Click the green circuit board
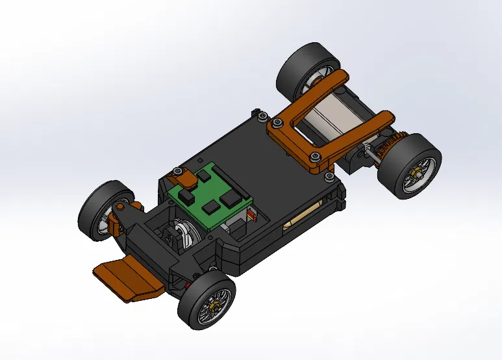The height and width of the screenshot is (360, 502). click(207, 195)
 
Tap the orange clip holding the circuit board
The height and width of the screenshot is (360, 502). click(180, 176)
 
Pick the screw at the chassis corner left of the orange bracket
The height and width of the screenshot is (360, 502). click(261, 117)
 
